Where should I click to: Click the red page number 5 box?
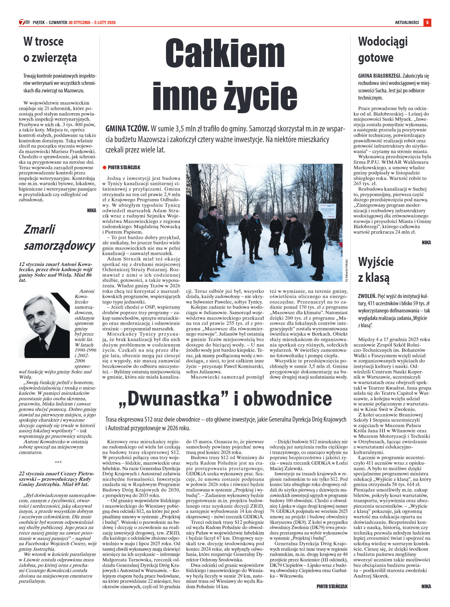(427, 22)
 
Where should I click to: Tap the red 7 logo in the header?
(22, 22)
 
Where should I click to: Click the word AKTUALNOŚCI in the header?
(407, 23)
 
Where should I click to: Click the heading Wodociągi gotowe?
(383, 49)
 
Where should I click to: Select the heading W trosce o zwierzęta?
(50, 49)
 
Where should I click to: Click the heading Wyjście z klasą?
(375, 269)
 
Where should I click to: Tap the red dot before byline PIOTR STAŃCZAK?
(105, 167)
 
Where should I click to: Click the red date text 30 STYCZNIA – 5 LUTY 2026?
(92, 23)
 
